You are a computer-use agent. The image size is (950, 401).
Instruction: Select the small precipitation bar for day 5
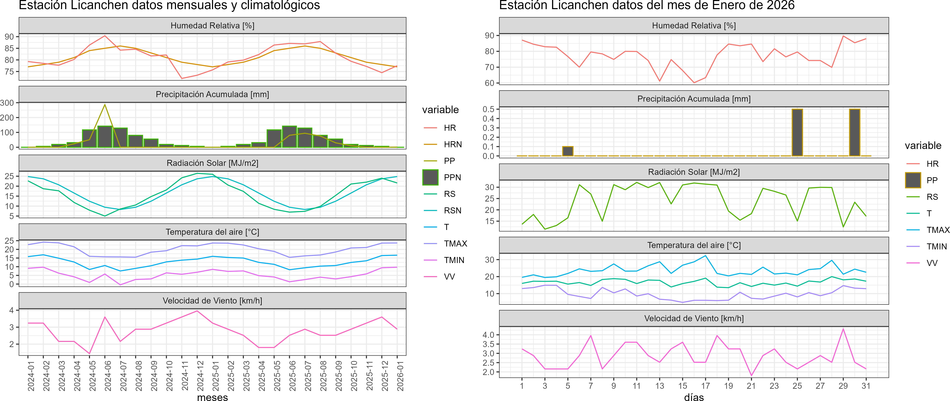(x=568, y=151)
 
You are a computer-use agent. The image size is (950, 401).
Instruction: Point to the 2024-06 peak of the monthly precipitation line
(x=105, y=105)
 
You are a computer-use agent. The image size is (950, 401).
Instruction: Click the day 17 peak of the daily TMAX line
(x=706, y=256)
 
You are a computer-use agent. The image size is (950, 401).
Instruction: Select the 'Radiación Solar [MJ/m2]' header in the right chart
(x=694, y=172)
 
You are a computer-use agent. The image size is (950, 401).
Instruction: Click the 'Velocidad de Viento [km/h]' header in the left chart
(x=212, y=301)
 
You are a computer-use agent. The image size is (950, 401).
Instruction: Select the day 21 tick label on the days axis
(x=751, y=386)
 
